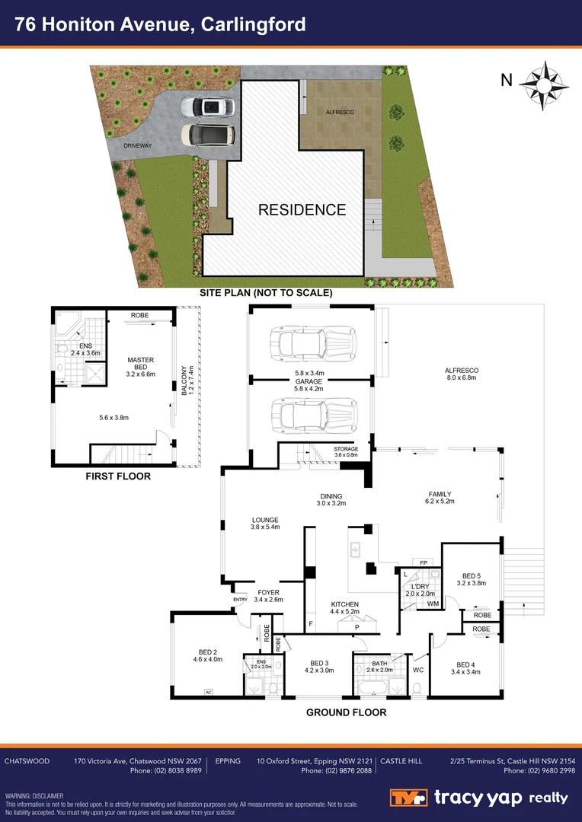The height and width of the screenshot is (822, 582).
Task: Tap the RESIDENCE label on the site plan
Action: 302,210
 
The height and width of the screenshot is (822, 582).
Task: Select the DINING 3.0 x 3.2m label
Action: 331,499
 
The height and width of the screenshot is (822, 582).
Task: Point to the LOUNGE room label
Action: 266,524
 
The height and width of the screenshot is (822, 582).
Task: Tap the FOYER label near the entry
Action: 268,595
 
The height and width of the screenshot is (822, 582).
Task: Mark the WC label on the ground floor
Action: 418,670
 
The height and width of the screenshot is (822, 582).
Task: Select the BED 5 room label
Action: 472,580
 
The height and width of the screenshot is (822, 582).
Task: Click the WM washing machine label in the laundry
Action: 432,604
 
